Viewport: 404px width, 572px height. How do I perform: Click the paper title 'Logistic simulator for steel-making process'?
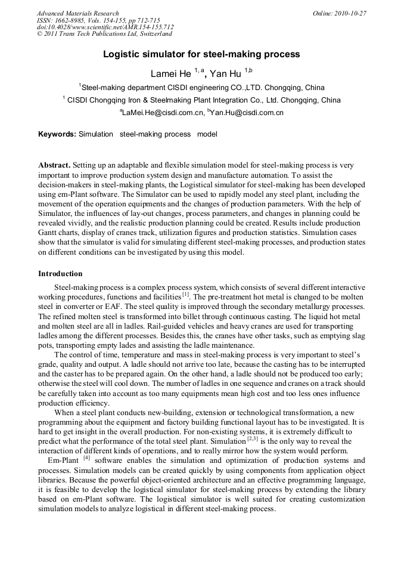(201, 54)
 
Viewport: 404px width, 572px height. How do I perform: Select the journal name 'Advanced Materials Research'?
(78, 13)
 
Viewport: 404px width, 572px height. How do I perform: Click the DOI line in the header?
(105, 27)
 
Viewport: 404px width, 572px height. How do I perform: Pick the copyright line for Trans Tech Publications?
(104, 35)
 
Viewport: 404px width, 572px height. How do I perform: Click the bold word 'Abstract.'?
(55, 164)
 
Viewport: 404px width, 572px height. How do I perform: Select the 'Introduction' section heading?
(61, 274)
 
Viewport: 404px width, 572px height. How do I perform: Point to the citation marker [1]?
(186, 295)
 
